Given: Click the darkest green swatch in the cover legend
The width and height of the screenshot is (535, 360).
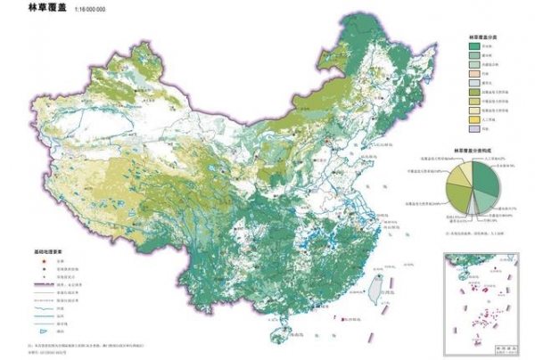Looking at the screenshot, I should pyautogui.click(x=473, y=46).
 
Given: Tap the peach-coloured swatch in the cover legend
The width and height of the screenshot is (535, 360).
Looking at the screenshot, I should pyautogui.click(x=473, y=74).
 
